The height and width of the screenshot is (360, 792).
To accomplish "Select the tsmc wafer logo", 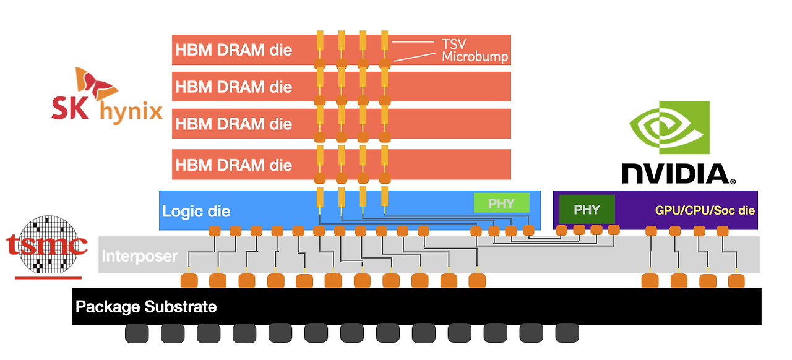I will tap(47, 246).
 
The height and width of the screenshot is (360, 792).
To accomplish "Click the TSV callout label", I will tap(454, 44).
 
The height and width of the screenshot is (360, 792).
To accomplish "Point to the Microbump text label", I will tap(475, 57).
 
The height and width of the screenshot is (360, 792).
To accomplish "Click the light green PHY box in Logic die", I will tap(501, 204).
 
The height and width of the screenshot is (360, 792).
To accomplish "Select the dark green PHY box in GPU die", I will tap(587, 209).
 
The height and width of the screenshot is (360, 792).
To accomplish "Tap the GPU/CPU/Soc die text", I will tap(705, 210).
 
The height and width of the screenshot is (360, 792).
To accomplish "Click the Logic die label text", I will tap(196, 212).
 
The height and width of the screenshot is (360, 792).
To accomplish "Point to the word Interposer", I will tap(140, 255).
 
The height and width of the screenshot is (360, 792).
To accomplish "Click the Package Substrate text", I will tap(146, 307).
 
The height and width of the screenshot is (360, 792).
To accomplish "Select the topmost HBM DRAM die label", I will tap(233, 50).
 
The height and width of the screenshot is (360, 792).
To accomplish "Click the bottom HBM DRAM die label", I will tap(233, 165).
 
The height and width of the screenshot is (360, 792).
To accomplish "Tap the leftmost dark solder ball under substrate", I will tap(137, 333).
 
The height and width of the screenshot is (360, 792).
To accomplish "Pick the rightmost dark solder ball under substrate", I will tap(567, 333).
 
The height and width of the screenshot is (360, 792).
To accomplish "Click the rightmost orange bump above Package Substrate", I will tap(736, 281).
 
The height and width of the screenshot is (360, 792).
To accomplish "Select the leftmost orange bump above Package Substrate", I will tap(189, 281).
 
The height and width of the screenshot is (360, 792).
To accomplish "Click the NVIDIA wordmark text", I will tap(678, 174).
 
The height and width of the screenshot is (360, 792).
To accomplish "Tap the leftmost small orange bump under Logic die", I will tap(214, 231).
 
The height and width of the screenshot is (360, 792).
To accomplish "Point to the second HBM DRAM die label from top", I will tap(233, 87).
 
